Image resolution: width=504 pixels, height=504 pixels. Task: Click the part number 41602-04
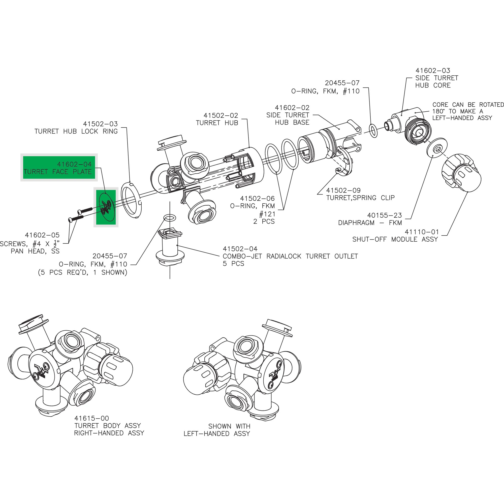point(74,164)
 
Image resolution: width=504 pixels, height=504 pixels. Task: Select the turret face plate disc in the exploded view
point(106,207)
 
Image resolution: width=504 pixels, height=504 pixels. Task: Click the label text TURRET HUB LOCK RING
point(76,131)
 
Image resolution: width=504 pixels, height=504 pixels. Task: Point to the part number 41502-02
point(221,115)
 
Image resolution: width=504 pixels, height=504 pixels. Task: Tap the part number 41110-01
point(422,232)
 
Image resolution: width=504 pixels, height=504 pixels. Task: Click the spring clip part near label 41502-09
point(345,162)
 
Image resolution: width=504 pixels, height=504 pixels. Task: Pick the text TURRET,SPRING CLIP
point(360,198)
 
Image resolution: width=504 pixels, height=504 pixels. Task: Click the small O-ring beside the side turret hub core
point(373,131)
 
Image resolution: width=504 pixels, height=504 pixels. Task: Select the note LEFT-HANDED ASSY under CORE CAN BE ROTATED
point(462,118)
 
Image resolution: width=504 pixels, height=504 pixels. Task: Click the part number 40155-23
point(385,215)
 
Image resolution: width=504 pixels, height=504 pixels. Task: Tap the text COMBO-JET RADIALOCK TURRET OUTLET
point(290,256)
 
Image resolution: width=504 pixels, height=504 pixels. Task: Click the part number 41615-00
point(91,418)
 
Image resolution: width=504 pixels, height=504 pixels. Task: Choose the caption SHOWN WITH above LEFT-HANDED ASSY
point(229,426)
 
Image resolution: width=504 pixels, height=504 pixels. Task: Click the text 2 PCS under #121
point(264,221)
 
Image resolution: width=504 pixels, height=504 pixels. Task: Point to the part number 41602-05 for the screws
point(42,235)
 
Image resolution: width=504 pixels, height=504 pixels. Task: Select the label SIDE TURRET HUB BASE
point(288,119)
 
